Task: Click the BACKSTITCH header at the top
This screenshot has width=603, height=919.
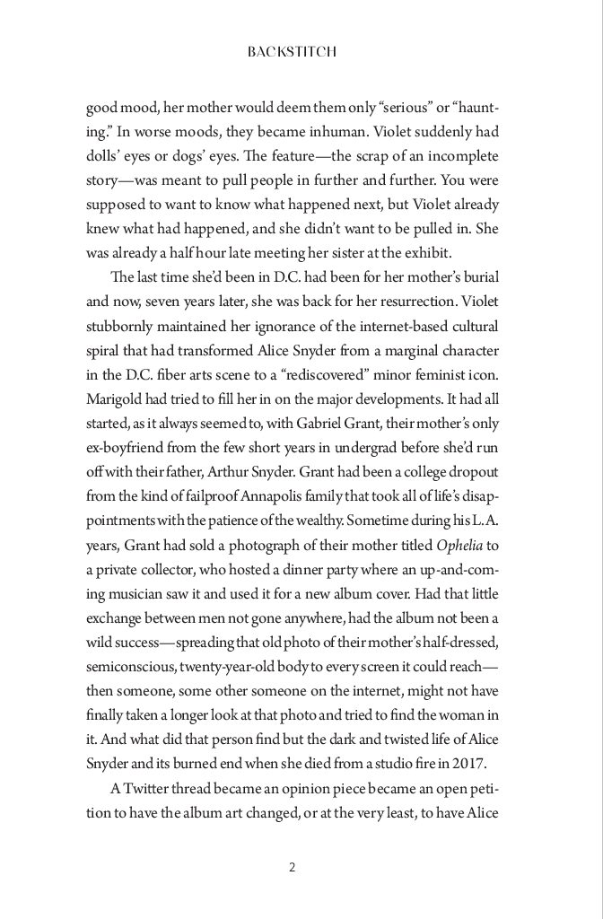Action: pyautogui.click(x=293, y=53)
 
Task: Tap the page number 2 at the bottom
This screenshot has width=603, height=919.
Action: pyautogui.click(x=293, y=867)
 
